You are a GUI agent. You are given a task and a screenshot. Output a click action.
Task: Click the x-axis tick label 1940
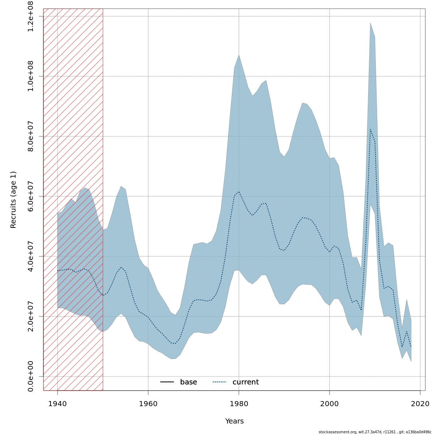coord(58,403)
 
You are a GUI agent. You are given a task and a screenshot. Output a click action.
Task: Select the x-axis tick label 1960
coord(148,403)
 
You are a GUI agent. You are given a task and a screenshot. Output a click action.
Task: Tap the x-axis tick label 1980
coord(239,403)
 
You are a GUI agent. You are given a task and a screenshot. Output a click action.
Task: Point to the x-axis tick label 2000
coord(329,403)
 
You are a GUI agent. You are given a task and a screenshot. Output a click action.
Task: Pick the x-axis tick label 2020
coord(420,403)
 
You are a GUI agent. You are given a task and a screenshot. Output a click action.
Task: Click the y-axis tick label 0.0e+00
coord(31,376)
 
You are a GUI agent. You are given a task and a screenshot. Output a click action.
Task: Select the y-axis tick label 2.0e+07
coord(31,316)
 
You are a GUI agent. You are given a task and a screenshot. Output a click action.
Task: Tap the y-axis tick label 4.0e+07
coord(31,256)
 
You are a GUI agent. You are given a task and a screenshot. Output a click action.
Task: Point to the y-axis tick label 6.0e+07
coord(31,196)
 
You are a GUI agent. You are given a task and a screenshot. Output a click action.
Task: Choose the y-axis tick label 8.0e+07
coord(31,136)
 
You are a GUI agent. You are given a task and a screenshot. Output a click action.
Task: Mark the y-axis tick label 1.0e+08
coord(31,76)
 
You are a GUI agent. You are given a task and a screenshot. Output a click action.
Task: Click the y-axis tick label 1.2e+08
coord(31,16)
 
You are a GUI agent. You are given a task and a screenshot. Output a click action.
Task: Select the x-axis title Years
coord(234,421)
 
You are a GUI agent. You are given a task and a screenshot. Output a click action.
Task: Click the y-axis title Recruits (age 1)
coord(13,200)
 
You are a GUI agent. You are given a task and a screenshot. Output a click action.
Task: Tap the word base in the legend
coord(188,382)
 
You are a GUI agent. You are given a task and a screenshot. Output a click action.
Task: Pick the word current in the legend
coord(246,382)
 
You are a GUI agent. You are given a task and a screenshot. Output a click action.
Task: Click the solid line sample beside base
coord(167,382)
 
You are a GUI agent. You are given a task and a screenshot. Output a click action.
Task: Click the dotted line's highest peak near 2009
coord(370,129)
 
